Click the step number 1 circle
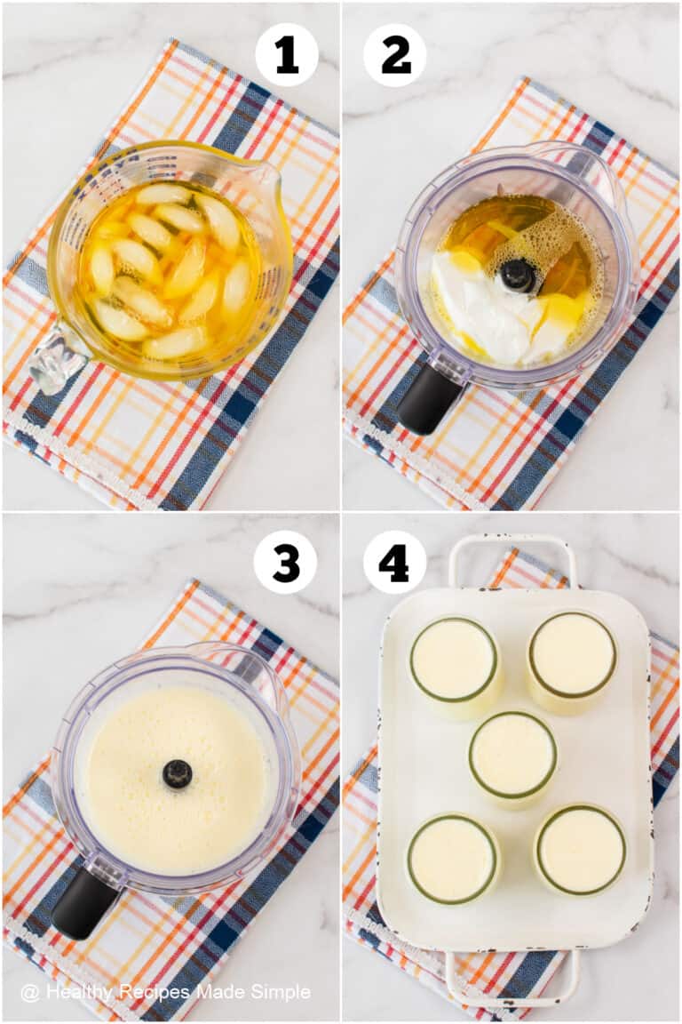pos(287,55)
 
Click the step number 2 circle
pos(395,55)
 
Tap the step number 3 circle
pos(285,563)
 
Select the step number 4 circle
pos(394,562)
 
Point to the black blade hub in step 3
pos(178,773)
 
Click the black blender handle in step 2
pos(429,399)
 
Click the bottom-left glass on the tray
pos(453,859)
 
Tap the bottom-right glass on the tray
pos(581,851)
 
